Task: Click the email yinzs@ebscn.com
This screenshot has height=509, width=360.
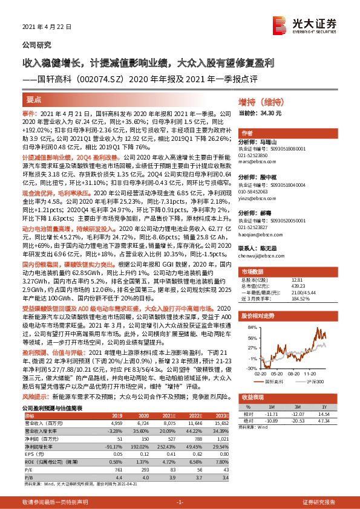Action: click(x=257, y=196)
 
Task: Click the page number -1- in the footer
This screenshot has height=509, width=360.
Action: click(x=180, y=503)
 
